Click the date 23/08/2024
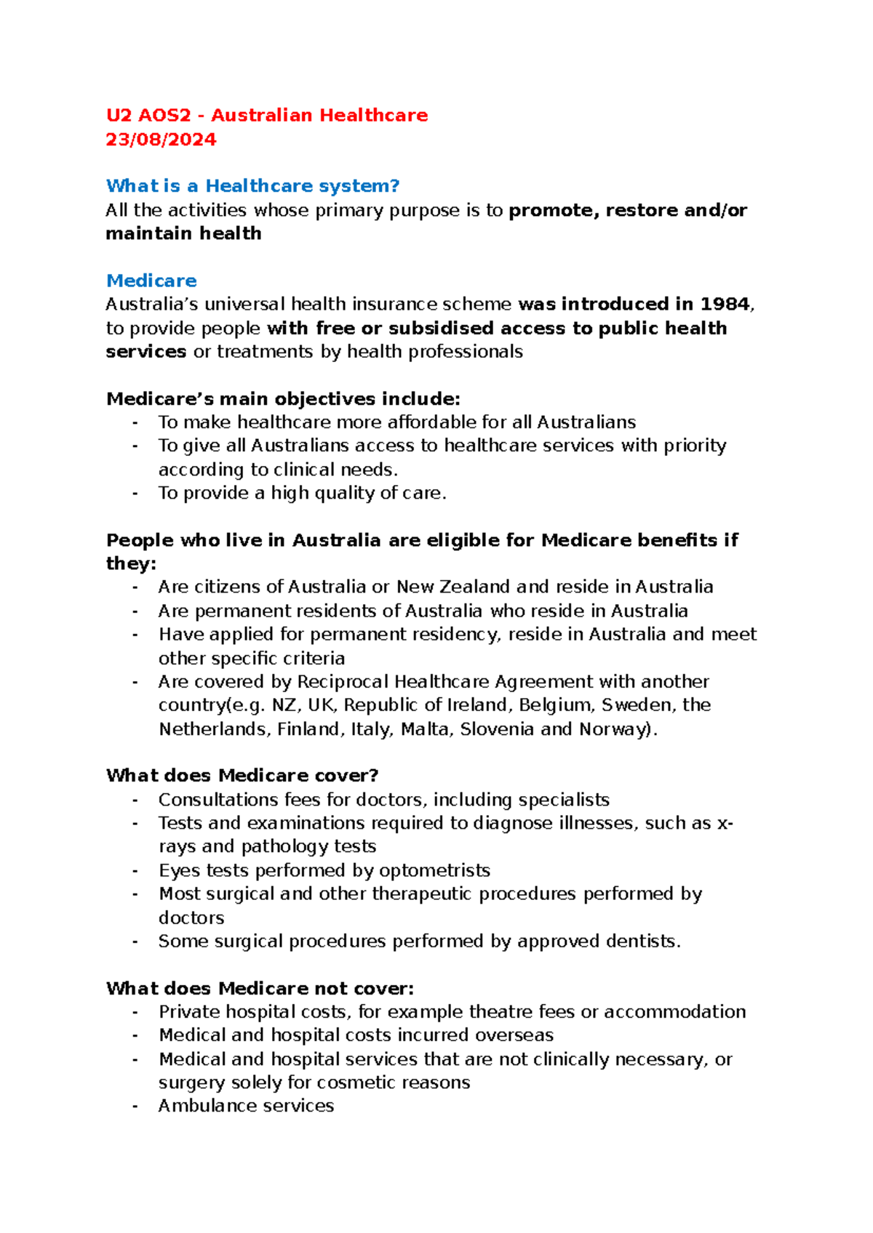161,140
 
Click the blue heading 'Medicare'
151,281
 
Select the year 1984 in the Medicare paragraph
725,304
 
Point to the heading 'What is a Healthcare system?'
252,186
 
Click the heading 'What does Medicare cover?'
242,776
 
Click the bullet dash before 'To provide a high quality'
135,493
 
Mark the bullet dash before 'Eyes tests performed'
135,870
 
